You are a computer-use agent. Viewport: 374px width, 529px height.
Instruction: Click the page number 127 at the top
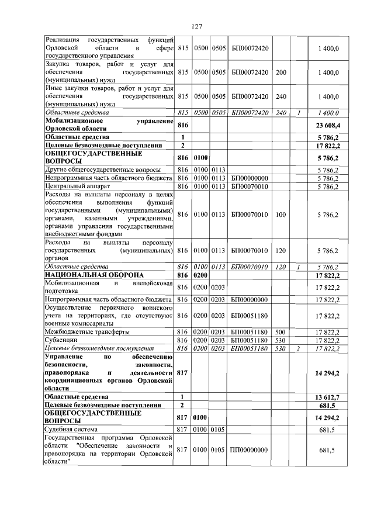point(196,27)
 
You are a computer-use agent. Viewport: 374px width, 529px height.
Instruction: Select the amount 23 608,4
point(328,125)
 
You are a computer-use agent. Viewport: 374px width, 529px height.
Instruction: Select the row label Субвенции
point(61,340)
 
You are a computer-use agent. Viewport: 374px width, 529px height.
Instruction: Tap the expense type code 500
point(280,331)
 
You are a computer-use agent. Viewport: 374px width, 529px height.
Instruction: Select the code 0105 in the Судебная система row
point(219,430)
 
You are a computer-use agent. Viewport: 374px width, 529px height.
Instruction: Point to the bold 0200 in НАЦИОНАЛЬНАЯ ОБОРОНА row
point(201,275)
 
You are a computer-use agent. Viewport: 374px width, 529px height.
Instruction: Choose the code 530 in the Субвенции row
point(280,340)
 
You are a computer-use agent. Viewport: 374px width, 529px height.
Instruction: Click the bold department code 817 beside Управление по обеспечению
point(183,372)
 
